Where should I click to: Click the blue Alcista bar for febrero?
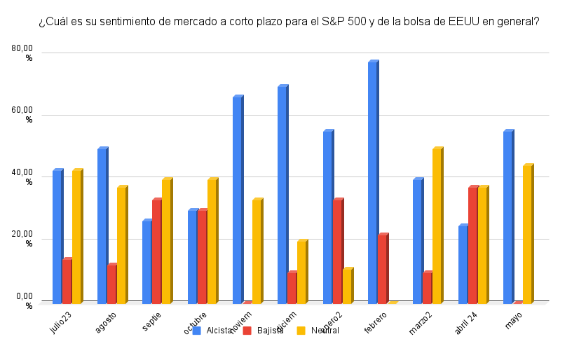click(x=372, y=182)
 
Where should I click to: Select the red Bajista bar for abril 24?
click(x=472, y=245)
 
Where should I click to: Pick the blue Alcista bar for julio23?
click(x=57, y=237)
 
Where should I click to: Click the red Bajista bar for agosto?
click(x=111, y=284)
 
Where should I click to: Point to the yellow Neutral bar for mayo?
click(x=527, y=234)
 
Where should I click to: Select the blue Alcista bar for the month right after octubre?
click(x=237, y=200)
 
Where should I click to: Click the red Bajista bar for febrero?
click(x=382, y=268)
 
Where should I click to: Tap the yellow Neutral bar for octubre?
click(x=212, y=241)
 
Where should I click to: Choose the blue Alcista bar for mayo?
click(x=507, y=216)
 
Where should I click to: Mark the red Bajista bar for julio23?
click(x=67, y=281)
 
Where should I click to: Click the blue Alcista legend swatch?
click(x=197, y=331)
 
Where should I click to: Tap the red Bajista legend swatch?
click(x=247, y=331)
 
